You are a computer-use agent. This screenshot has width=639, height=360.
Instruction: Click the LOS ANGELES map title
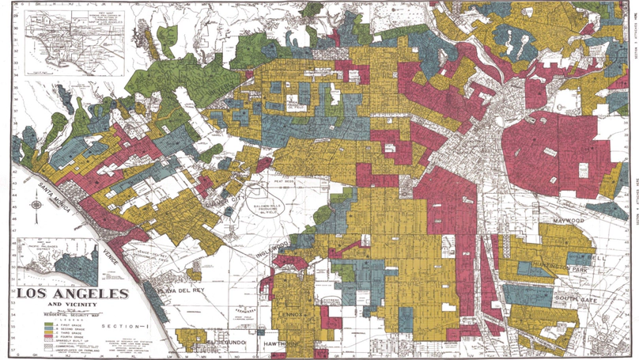[72, 294]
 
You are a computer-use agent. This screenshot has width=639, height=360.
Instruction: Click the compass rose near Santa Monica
[37, 206]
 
